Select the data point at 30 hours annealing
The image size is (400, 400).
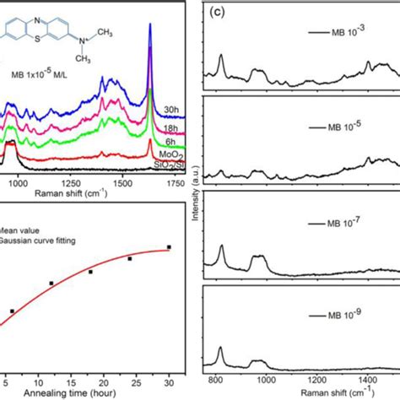pyautogui.click(x=170, y=247)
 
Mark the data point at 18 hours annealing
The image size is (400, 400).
pyautogui.click(x=90, y=272)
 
